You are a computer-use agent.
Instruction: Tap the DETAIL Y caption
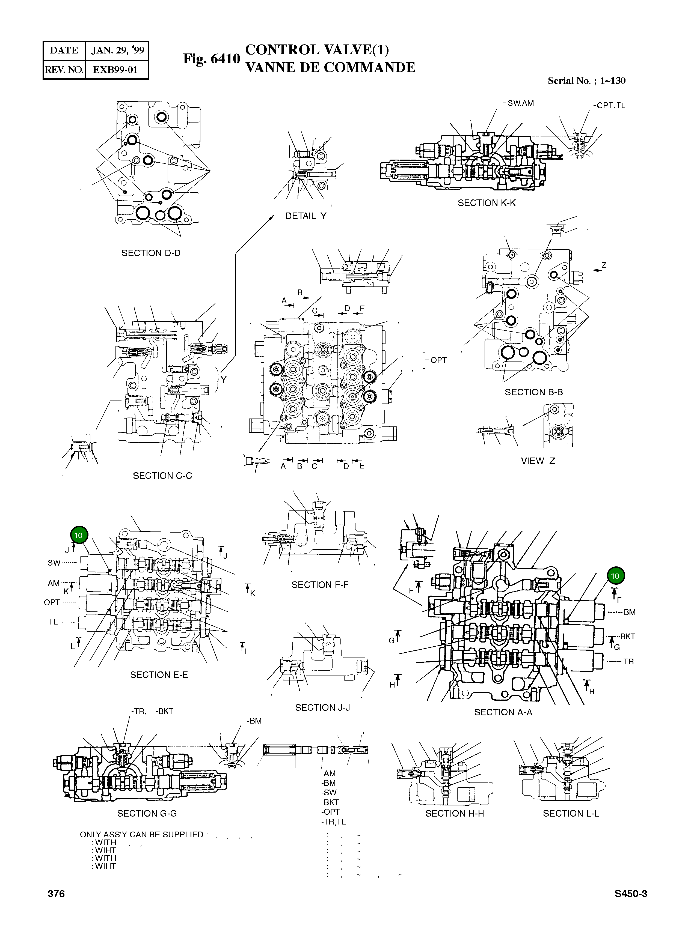tap(306, 216)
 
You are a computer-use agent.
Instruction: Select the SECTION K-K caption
tap(487, 203)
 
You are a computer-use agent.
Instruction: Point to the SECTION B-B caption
tap(533, 392)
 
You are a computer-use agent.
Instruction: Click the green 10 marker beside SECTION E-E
tap(79, 535)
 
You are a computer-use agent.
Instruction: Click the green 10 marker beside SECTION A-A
tap(615, 576)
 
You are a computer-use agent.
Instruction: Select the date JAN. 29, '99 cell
tap(117, 50)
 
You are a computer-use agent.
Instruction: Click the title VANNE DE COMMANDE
tap(330, 67)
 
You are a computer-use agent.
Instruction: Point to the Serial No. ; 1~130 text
tap(586, 81)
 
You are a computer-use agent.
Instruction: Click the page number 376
tap(56, 894)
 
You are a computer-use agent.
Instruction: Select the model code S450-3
tap(630, 894)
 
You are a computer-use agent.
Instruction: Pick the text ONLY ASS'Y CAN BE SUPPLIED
tap(142, 834)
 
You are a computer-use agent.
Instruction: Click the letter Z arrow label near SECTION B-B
tap(603, 265)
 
